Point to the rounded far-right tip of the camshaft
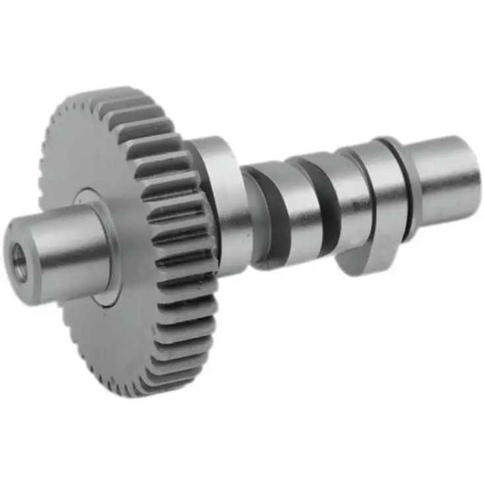click(477, 179)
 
